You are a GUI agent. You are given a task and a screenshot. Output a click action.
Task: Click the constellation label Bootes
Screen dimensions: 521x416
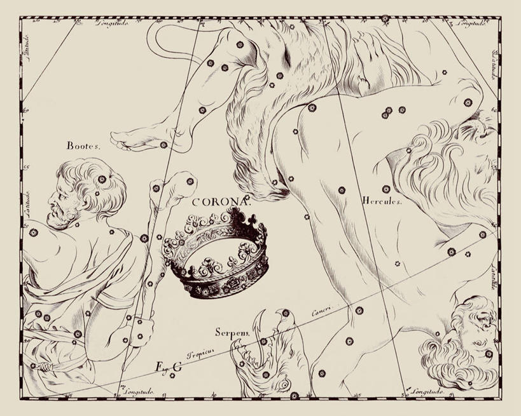84,145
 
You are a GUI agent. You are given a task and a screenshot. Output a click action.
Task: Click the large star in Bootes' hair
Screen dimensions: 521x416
102,179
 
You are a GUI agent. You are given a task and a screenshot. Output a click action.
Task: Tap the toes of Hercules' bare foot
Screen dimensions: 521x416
121,140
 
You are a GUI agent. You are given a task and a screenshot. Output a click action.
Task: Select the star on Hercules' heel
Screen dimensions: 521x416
163,145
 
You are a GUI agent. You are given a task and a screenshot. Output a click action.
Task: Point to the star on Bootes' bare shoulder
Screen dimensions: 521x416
33,232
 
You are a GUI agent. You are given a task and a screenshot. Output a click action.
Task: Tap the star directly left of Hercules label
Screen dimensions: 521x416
341,190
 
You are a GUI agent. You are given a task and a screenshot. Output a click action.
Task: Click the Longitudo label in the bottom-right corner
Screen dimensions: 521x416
424,389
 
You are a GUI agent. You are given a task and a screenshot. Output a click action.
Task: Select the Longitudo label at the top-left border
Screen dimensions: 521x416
113,23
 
